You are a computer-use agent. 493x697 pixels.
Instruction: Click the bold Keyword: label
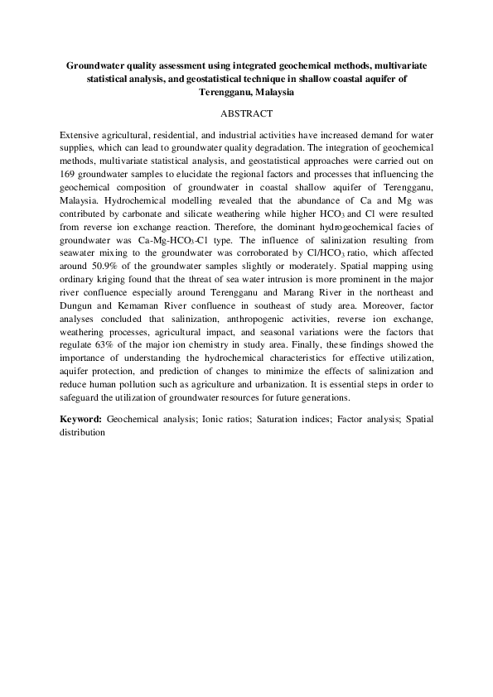click(81, 419)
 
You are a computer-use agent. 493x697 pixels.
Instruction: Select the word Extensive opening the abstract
click(82, 133)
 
